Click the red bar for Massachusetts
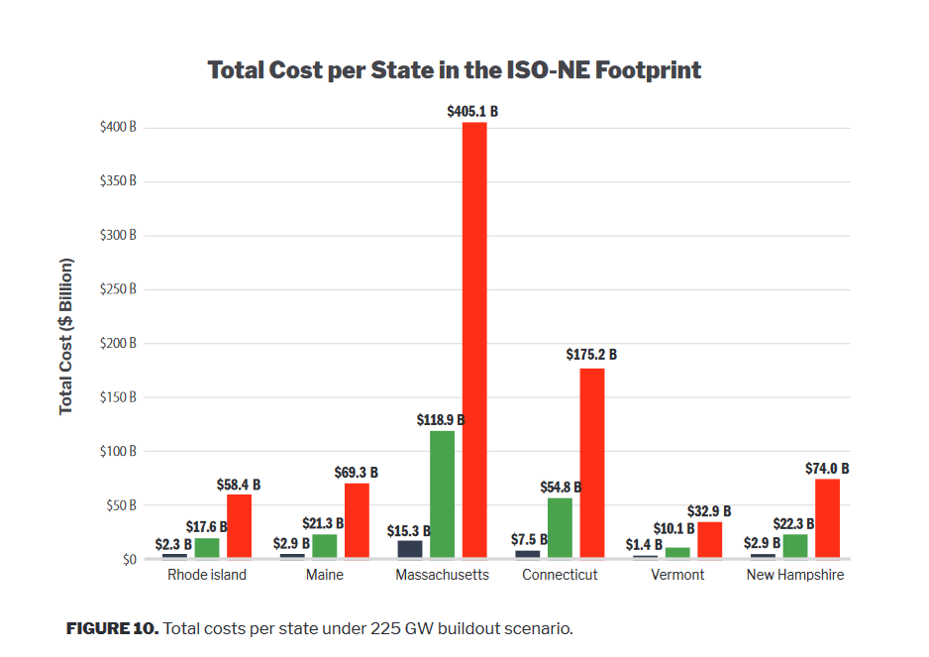tap(474, 339)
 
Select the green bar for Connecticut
tap(560, 527)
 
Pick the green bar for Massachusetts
tap(442, 493)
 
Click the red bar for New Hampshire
tap(827, 518)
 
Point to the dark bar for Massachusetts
tap(410, 548)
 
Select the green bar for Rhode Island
tap(207, 547)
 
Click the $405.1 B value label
tap(472, 112)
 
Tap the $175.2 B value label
tap(591, 354)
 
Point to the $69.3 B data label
tap(354, 474)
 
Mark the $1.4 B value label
tap(645, 544)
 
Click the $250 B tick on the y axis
tap(118, 289)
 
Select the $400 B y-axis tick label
tap(118, 128)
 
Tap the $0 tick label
tap(129, 559)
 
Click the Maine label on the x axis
tap(325, 575)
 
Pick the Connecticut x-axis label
tap(560, 575)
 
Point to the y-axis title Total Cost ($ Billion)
tap(66, 337)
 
